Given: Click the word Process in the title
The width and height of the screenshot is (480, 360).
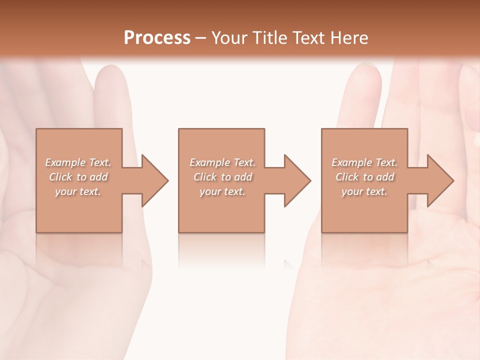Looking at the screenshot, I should click(157, 38).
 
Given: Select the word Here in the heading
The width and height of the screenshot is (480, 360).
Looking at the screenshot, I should click(348, 38).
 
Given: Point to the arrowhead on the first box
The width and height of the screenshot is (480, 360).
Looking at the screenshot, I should click(154, 180).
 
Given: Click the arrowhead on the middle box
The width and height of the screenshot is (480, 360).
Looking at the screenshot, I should click(297, 180).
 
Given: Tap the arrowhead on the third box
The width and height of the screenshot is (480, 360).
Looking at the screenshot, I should click(440, 180).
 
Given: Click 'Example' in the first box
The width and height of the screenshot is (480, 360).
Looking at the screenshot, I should click(65, 162).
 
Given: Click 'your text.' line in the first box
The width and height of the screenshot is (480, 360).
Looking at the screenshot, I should click(78, 191).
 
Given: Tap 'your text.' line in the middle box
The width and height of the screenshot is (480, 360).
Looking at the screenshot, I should click(222, 191).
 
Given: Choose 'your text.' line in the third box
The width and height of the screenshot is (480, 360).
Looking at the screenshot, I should click(364, 191).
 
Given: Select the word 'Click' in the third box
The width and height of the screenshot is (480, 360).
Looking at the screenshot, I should click(347, 177).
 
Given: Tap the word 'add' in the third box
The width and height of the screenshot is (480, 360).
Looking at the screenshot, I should click(385, 177).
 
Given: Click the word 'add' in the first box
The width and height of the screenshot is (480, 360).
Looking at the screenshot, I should click(99, 177).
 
